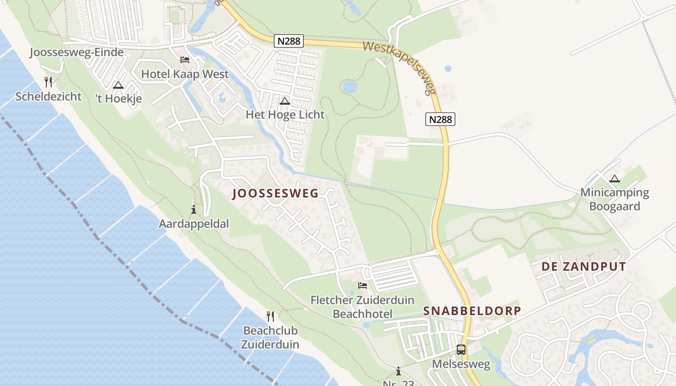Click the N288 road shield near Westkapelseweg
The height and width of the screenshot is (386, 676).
pyautogui.click(x=289, y=41)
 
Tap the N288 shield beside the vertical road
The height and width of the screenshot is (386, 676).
pyautogui.click(x=440, y=119)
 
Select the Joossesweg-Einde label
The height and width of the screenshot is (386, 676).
pyautogui.click(x=77, y=52)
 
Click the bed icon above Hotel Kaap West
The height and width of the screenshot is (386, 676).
pyautogui.click(x=185, y=60)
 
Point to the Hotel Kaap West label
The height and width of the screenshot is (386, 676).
pyautogui.click(x=185, y=74)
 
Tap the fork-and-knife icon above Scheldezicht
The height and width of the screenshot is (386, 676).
pyautogui.click(x=48, y=82)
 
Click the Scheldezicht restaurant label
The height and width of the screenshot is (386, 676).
pyautogui.click(x=49, y=96)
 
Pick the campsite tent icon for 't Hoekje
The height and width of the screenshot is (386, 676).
pyautogui.click(x=118, y=85)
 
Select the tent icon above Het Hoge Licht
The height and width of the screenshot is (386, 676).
pyautogui.click(x=285, y=101)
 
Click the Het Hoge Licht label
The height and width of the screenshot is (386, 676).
pyautogui.click(x=285, y=115)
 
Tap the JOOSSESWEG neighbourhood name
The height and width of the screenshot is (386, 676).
pyautogui.click(x=275, y=194)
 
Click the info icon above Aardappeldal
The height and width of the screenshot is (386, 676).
pyautogui.click(x=194, y=209)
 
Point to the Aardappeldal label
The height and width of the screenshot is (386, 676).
pyautogui.click(x=194, y=224)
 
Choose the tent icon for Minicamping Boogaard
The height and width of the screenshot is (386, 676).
pyautogui.click(x=615, y=179)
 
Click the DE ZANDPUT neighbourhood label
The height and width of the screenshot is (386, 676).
pyautogui.click(x=584, y=267)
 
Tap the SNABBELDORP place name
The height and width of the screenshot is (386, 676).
pyautogui.click(x=472, y=311)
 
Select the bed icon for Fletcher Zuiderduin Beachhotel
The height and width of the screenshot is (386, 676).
pyautogui.click(x=362, y=286)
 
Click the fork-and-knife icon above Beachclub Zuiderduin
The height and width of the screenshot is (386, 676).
pyautogui.click(x=270, y=317)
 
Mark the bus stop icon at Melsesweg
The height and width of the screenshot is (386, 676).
pyautogui.click(x=461, y=350)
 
